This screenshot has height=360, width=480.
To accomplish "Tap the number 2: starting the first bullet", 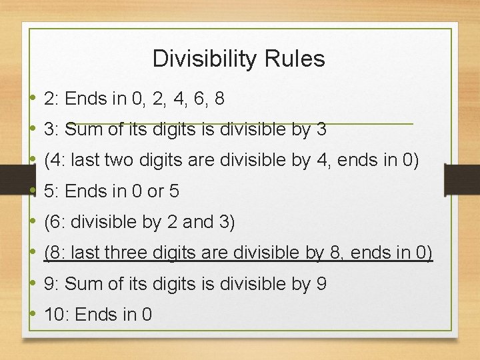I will [51, 99].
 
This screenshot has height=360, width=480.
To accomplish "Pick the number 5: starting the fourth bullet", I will [51, 191].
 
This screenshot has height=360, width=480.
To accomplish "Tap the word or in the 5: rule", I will [155, 191].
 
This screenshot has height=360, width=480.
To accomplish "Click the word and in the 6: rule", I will [197, 222].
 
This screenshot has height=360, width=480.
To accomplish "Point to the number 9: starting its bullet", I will [51, 284].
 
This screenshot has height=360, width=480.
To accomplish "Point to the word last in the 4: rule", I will [90, 161].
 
